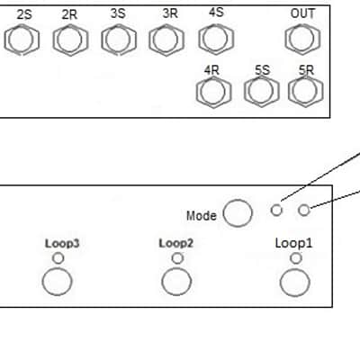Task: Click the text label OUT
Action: click(x=302, y=13)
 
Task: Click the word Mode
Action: click(x=202, y=216)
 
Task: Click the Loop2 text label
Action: click(x=176, y=243)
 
